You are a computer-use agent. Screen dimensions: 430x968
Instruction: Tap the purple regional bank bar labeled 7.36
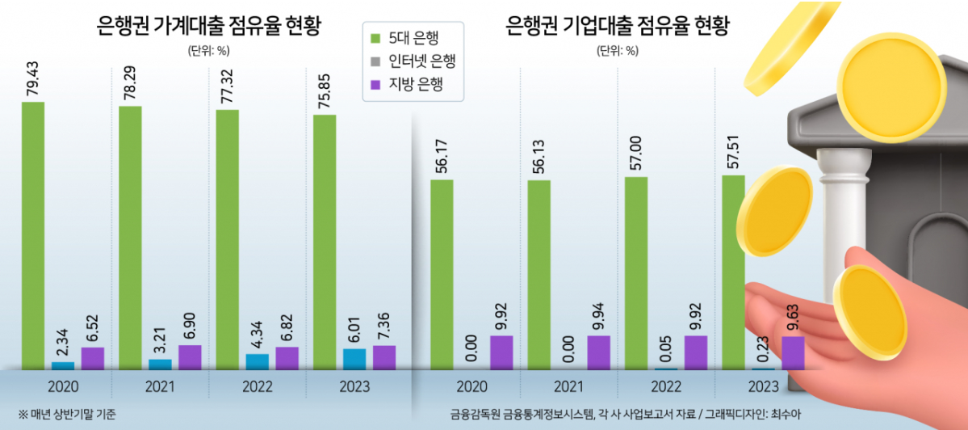tap(384, 357)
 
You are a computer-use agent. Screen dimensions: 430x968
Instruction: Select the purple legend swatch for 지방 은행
tap(375, 83)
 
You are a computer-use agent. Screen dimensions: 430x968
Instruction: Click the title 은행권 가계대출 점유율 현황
tap(208, 27)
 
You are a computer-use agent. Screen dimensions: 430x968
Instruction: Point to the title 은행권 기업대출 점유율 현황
tap(618, 27)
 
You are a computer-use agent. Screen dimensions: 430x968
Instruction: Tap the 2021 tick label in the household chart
tap(159, 386)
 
